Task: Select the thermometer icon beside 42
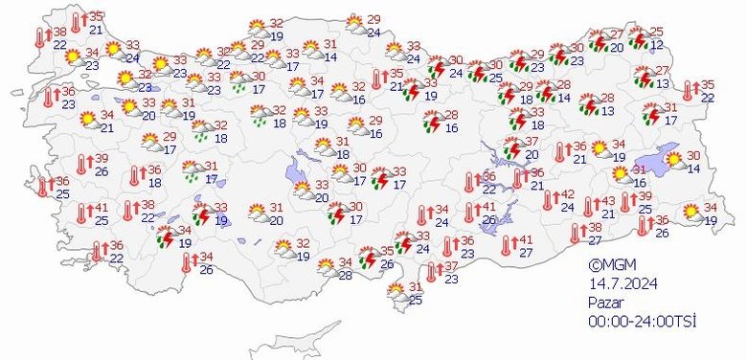(x=548, y=200)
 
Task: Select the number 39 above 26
(x=101, y=159)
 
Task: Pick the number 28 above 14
(x=565, y=86)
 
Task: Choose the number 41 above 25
(x=100, y=207)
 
